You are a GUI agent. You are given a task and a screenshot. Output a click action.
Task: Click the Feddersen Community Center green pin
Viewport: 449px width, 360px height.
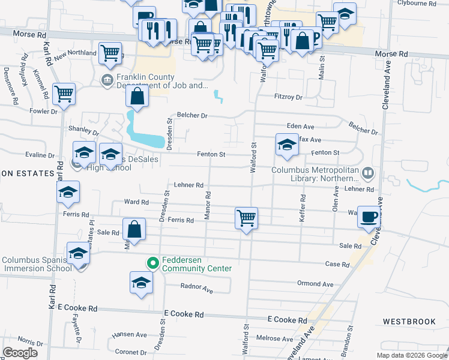pos(152,262)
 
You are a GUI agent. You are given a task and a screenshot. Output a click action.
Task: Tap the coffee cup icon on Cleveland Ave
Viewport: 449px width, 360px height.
pos(369,216)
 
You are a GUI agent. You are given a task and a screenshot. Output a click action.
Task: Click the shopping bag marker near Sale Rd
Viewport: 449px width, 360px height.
pos(134,229)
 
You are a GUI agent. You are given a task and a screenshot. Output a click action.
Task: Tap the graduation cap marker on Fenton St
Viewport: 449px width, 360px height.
pos(287,145)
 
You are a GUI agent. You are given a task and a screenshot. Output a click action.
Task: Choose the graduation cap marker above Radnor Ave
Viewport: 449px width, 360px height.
pos(141,282)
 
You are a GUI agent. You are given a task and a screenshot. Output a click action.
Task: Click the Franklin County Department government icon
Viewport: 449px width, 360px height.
pos(107,80)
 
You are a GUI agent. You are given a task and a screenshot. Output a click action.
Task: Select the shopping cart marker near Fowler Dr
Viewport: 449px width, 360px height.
pos(64,94)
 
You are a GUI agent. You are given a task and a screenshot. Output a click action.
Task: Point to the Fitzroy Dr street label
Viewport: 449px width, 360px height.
pos(289,97)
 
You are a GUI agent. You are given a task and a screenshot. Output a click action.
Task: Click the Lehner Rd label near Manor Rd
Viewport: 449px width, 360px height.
pos(189,185)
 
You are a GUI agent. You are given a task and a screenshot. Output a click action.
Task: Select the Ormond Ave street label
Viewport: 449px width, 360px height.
pos(315,283)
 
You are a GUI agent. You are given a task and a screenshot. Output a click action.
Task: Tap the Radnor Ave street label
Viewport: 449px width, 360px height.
pos(197,289)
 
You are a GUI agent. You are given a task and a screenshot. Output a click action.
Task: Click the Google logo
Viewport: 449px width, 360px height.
pos(20,353)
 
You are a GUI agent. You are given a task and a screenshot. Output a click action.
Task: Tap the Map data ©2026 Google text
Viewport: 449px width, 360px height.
pos(411,355)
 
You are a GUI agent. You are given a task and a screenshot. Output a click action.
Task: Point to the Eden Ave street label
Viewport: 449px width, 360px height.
pos(301,127)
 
